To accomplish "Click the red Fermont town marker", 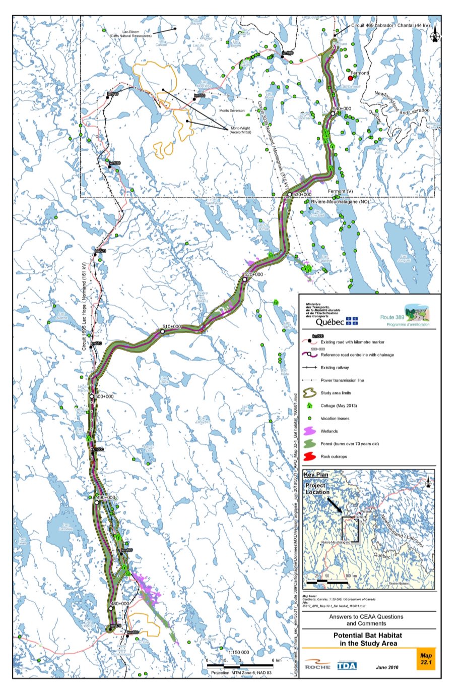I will (350, 78).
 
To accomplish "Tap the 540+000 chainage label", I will (342, 108).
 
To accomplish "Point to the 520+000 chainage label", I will (253, 274).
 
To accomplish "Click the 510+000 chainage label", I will (171, 326).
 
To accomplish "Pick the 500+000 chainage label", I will (104, 396).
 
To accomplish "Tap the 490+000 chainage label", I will (106, 498).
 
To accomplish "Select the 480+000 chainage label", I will (120, 603).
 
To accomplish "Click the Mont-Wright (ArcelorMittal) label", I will (241, 130).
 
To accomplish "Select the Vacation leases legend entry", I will (335, 419).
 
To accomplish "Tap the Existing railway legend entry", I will (335, 368).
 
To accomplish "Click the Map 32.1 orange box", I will (426, 659).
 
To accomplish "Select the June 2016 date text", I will (387, 667).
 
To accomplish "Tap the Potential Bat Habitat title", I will (368, 639).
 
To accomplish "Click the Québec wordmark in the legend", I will (330, 321).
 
